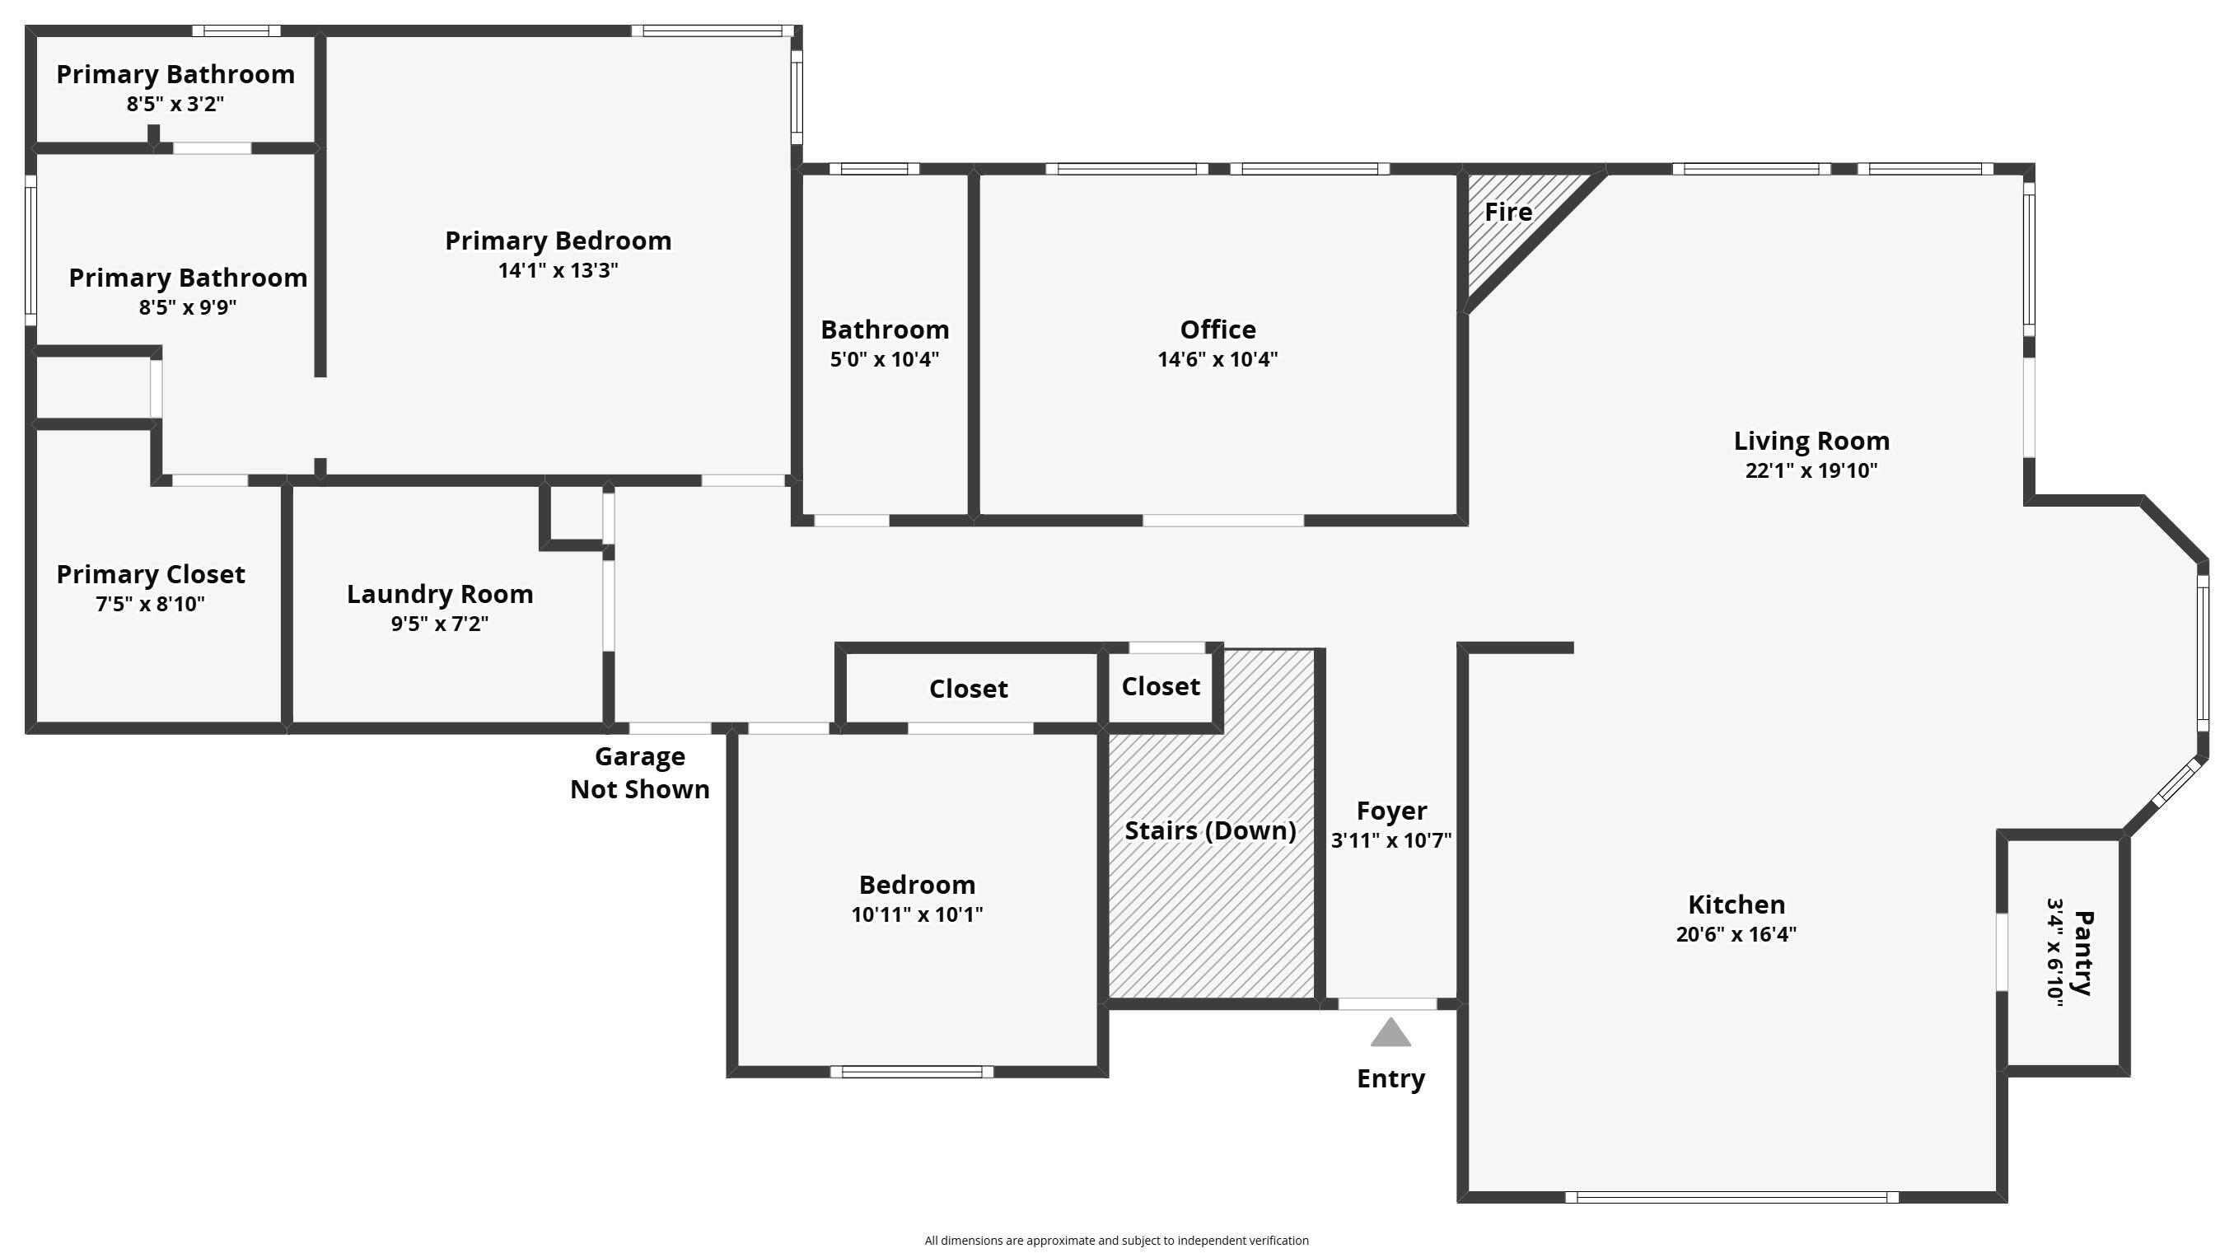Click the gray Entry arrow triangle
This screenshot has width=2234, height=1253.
click(x=1390, y=1034)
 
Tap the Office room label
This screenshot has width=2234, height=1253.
click(x=1217, y=330)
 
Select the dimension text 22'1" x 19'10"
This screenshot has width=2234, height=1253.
click(x=1811, y=471)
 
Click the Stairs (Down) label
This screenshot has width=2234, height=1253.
click(x=1210, y=830)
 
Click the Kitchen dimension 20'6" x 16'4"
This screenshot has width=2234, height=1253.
click(x=1736, y=935)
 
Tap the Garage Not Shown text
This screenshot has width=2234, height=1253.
click(x=639, y=773)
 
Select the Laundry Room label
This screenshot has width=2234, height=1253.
click(x=440, y=595)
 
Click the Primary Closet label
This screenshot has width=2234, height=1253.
click(x=151, y=575)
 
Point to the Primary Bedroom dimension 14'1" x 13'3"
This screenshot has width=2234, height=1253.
click(x=558, y=270)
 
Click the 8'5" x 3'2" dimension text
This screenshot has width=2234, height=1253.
click(x=175, y=104)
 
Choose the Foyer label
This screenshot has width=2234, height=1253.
click(x=1391, y=811)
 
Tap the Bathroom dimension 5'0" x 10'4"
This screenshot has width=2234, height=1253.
click(x=884, y=360)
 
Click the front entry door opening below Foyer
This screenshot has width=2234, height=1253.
click(x=1387, y=1004)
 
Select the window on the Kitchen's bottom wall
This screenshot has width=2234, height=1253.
click(x=1731, y=1198)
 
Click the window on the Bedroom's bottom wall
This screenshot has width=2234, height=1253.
click(x=911, y=1073)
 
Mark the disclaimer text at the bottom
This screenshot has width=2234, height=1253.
click(x=1116, y=1241)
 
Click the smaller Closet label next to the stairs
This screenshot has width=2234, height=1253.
click(x=1161, y=687)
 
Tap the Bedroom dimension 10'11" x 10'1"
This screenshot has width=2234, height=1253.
click(x=917, y=914)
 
